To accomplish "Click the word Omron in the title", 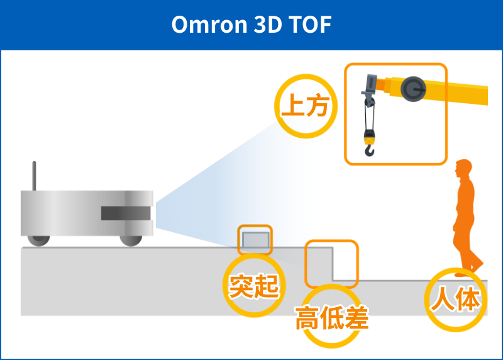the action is click(x=209, y=25).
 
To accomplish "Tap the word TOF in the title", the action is click(x=310, y=25).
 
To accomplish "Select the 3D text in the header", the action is click(x=268, y=25).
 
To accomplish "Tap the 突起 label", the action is click(x=254, y=286).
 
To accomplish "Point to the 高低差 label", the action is click(x=332, y=318).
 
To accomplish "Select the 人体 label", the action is click(x=455, y=299).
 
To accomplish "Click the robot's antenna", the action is click(x=34, y=176).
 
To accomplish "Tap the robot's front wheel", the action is click(x=131, y=240).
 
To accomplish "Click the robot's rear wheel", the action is click(x=39, y=240).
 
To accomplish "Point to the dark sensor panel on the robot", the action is click(x=126, y=213).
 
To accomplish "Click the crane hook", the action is click(x=370, y=150).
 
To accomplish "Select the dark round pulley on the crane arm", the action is click(x=413, y=89).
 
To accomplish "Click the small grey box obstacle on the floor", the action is click(x=255, y=240).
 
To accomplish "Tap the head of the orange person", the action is click(x=463, y=167).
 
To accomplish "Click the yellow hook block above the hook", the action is click(x=370, y=137).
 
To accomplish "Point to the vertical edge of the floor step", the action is click(x=333, y=264).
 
